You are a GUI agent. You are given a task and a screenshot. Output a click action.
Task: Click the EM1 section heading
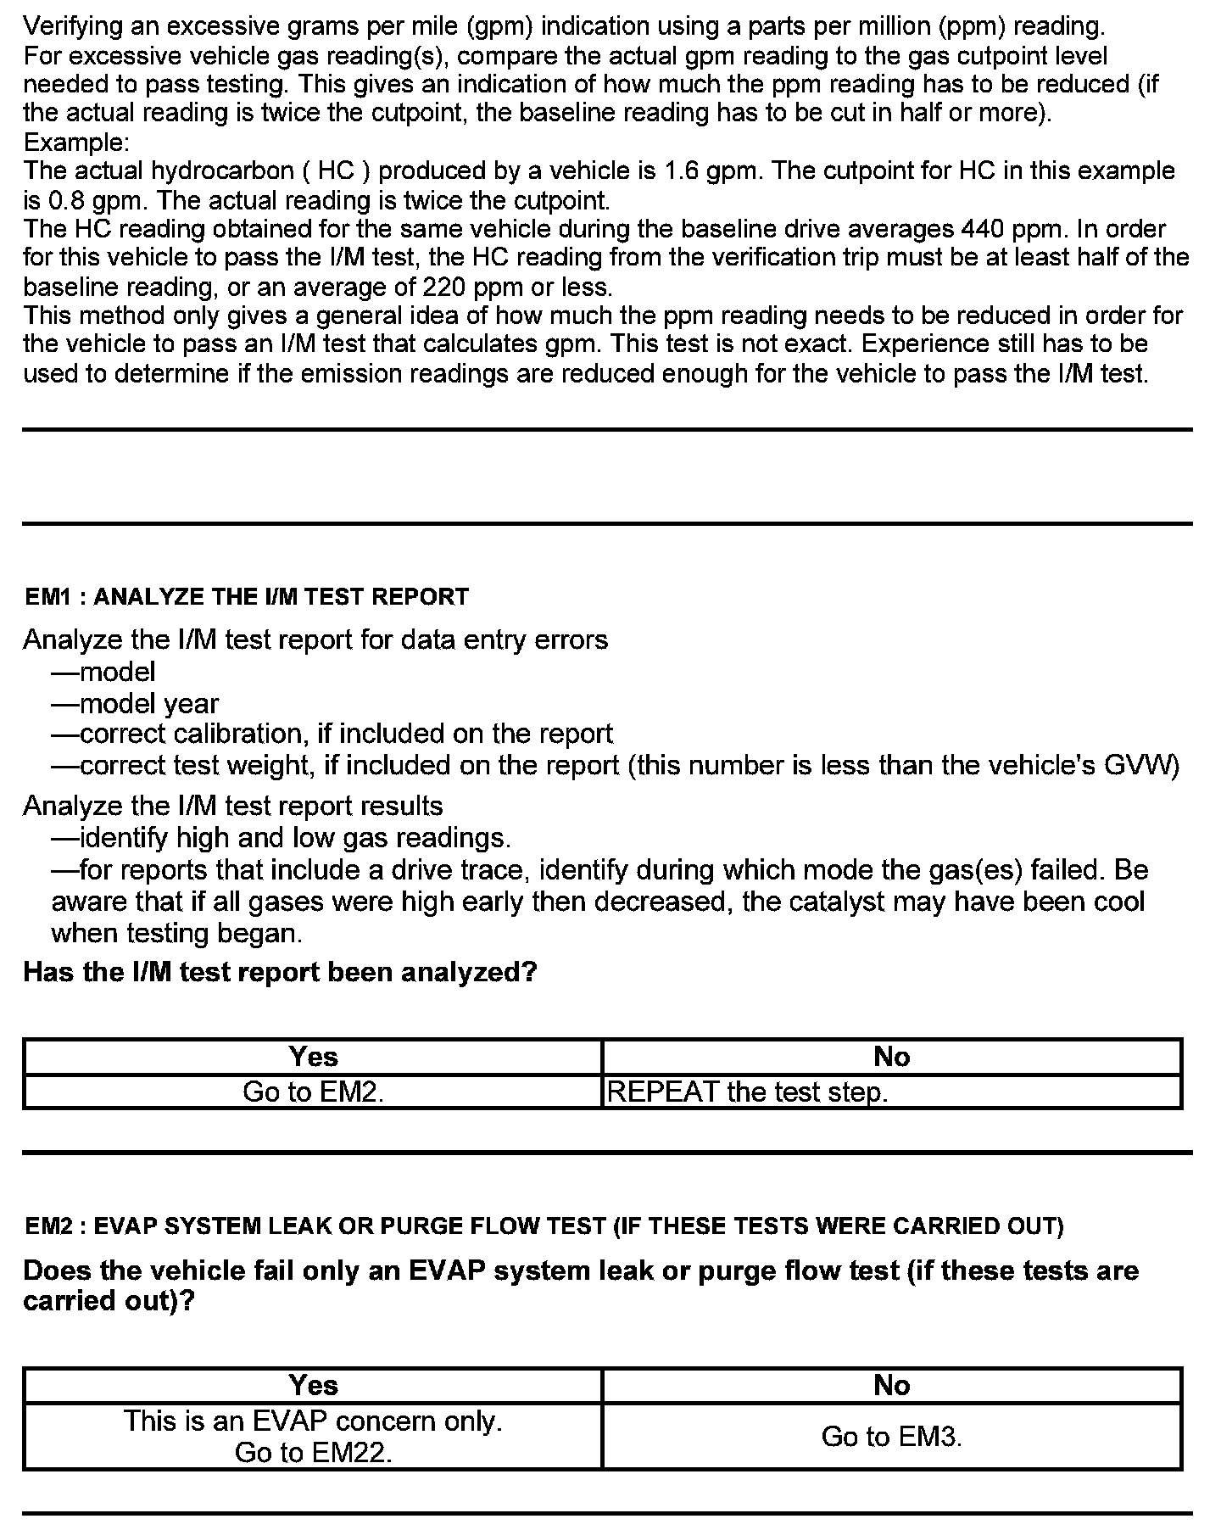coord(247,597)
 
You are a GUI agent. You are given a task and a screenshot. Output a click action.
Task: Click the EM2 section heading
coord(544,1226)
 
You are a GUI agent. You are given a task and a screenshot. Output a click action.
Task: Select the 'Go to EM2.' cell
coord(313,1092)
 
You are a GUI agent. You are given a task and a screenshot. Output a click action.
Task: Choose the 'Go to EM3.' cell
coord(891,1437)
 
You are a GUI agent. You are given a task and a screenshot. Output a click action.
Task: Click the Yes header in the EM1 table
coord(313,1057)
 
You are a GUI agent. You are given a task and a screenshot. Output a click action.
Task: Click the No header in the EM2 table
coord(891,1386)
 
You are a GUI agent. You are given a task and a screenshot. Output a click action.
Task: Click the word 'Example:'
coord(76,142)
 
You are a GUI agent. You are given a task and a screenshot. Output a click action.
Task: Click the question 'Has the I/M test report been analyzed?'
coord(281,971)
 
